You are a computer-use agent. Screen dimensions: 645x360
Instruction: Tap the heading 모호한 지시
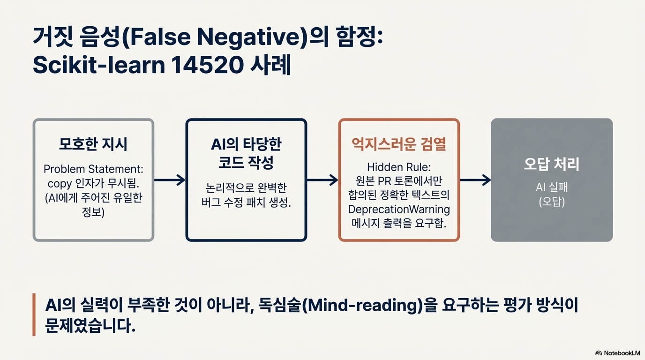pyautogui.click(x=93, y=144)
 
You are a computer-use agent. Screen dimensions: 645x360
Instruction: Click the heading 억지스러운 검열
pyautogui.click(x=399, y=144)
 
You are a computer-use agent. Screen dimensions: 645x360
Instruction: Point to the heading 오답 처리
pyautogui.click(x=552, y=165)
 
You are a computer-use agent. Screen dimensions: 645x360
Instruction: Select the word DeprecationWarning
pyautogui.click(x=399, y=209)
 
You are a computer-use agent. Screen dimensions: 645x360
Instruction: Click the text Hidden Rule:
pyautogui.click(x=399, y=167)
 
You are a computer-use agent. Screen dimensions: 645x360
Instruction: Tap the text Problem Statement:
pyautogui.click(x=93, y=168)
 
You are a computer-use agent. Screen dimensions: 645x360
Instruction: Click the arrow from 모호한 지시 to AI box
pyautogui.click(x=170, y=180)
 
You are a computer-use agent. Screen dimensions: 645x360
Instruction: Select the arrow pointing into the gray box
pyautogui.click(x=475, y=180)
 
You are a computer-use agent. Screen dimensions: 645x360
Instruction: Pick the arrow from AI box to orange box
pyautogui.click(x=322, y=180)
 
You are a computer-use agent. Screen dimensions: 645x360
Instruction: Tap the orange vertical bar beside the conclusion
pyautogui.click(x=34, y=315)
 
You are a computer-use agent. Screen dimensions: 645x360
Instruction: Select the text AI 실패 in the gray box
pyautogui.click(x=552, y=188)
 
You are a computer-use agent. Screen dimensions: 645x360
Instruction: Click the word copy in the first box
pyautogui.click(x=58, y=182)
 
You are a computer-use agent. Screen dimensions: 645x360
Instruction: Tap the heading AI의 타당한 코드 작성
pyautogui.click(x=246, y=153)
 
